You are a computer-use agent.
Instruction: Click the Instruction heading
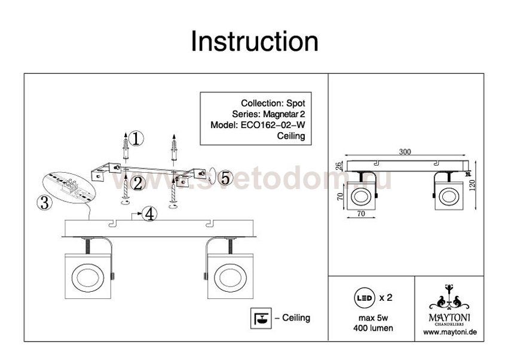(255, 41)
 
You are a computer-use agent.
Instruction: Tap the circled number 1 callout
(136, 139)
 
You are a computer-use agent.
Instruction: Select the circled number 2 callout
(138, 184)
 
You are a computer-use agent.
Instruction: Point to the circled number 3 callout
(44, 203)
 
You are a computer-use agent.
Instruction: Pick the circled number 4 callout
(149, 214)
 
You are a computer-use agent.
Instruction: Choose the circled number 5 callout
(225, 178)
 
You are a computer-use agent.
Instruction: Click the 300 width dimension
(405, 152)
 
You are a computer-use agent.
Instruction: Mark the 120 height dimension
(472, 185)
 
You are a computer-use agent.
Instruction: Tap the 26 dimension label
(338, 166)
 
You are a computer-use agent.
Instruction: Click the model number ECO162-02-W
(273, 125)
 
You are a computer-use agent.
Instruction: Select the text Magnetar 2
(284, 114)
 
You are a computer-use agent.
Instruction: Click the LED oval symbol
(364, 297)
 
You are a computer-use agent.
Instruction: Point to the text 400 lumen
(373, 328)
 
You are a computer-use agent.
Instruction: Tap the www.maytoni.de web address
(449, 332)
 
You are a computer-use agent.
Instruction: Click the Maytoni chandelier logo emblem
(449, 297)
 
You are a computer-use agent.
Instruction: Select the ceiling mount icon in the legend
(261, 318)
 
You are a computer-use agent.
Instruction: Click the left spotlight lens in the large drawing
(87, 277)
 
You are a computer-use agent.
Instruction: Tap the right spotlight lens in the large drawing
(230, 277)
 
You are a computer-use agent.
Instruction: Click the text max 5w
(373, 318)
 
